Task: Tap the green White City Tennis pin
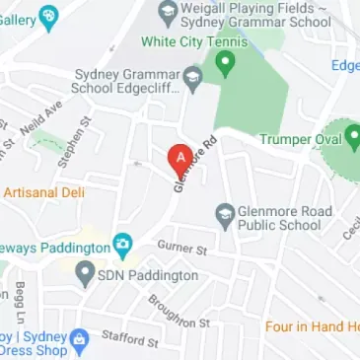[226, 64]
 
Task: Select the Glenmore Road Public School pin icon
[224, 213]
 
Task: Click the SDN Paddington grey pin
[85, 274]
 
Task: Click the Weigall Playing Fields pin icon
[167, 13]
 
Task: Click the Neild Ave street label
[46, 115]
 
